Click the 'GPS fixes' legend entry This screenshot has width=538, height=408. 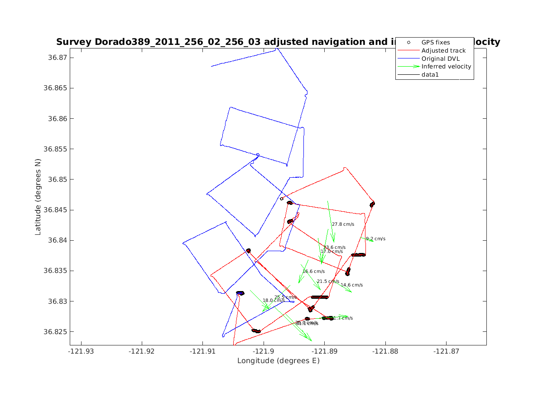click(436, 42)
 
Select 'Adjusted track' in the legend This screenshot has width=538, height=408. click(443, 50)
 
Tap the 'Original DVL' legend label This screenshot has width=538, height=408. click(441, 58)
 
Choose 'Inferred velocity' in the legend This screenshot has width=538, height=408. click(446, 67)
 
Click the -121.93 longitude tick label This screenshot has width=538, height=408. click(82, 350)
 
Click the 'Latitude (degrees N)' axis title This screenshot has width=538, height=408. click(38, 196)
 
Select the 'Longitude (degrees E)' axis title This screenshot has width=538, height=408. click(278, 361)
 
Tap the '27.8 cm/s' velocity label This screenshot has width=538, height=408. click(343, 224)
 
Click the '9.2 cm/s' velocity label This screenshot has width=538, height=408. click(375, 239)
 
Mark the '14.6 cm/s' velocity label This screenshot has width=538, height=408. click(352, 285)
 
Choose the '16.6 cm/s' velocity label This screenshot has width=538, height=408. click(313, 272)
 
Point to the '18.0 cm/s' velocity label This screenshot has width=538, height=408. click(274, 301)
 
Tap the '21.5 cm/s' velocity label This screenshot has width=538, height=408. click(328, 282)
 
